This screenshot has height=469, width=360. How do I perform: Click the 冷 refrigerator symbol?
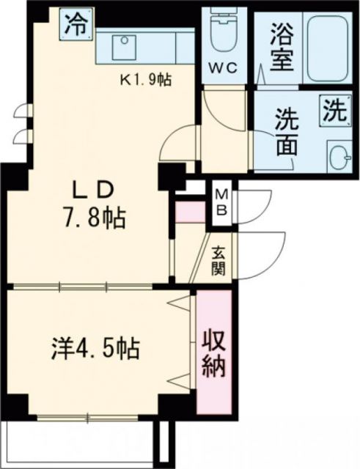pos(77,25)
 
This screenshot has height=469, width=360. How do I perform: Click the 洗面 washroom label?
pos(286,132)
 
